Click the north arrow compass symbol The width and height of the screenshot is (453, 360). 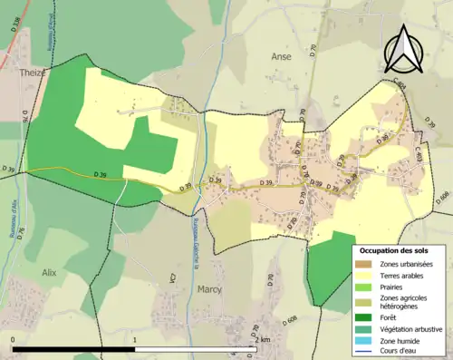[405, 47]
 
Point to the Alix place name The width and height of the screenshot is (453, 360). [49, 271]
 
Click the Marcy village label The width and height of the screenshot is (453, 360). [209, 290]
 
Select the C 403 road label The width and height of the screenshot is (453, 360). [419, 157]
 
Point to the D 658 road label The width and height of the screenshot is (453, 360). [441, 197]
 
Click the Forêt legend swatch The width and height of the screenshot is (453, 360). [366, 316]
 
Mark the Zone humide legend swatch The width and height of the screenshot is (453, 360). [366, 340]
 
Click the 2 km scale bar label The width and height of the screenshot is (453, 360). [262, 340]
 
